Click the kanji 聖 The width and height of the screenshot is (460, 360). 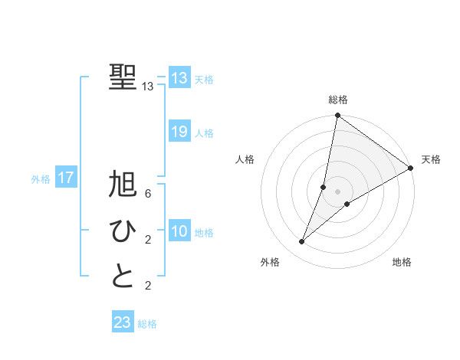coord(123,77)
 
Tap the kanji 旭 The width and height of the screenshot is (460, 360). coord(123,186)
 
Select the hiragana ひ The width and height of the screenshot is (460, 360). coord(123,231)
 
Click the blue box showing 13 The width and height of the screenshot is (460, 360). coord(179,78)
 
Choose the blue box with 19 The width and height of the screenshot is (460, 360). coord(179,132)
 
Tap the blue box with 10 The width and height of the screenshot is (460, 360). coord(179,231)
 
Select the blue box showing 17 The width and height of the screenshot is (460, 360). coord(66,178)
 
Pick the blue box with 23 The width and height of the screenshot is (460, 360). coord(123,322)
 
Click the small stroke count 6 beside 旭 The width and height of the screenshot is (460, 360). coord(147,194)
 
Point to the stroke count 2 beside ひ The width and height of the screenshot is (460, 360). coord(147,240)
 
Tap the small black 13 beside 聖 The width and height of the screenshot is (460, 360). coord(148,87)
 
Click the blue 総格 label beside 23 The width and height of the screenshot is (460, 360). coord(147,324)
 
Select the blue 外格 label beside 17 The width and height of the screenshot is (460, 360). coord(41,179)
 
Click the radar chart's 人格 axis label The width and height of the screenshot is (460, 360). coord(245,159)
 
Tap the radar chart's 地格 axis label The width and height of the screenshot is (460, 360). coord(402,263)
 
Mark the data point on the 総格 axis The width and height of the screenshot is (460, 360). coord(337,116)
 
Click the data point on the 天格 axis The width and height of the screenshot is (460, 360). coord(411,168)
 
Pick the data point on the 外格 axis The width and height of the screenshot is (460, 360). coord(302,242)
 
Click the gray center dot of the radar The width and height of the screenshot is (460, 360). coord(337,191)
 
